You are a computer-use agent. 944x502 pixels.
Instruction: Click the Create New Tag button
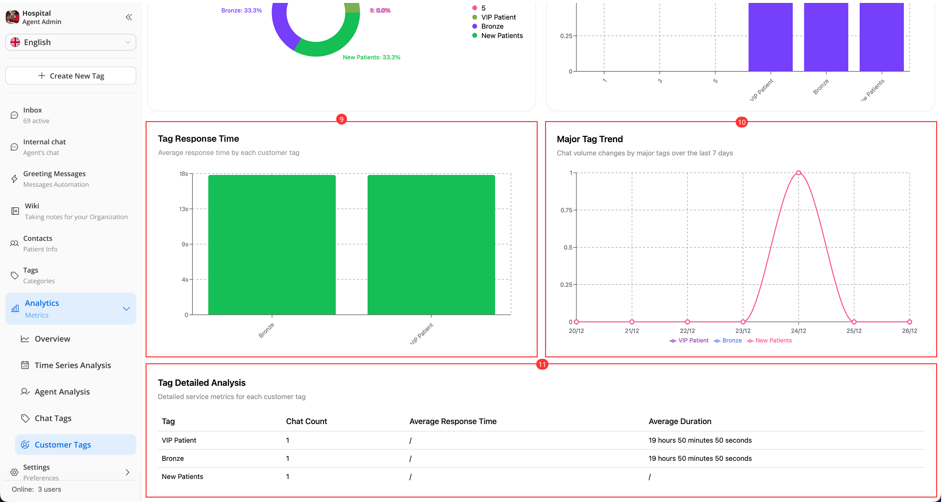(x=71, y=76)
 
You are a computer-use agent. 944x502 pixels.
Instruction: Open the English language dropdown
(x=71, y=42)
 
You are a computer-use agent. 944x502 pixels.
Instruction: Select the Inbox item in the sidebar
(x=32, y=115)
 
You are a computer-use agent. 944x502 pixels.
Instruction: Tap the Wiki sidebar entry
(x=32, y=211)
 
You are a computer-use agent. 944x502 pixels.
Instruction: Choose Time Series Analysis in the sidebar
(x=73, y=365)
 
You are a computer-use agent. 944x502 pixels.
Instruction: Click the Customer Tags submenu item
(x=63, y=445)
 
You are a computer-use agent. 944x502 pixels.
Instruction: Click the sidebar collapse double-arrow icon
(x=129, y=17)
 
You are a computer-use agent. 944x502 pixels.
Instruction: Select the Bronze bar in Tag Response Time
(x=272, y=245)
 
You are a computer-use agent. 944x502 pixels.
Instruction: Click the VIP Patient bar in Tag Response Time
(x=431, y=245)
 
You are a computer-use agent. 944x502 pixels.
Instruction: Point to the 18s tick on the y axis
(x=184, y=174)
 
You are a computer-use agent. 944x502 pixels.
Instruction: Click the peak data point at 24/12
(x=798, y=173)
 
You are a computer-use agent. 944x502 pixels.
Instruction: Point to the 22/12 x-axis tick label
(x=687, y=331)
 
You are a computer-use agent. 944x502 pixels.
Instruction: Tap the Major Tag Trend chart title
(x=590, y=139)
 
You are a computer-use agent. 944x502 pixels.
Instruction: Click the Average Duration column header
(x=680, y=421)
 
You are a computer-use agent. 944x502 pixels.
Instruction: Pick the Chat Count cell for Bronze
(x=288, y=458)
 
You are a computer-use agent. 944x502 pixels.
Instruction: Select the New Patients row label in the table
(x=182, y=477)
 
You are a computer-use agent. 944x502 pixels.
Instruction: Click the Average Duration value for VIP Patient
(x=700, y=440)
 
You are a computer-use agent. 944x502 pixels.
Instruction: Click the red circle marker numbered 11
(x=542, y=364)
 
